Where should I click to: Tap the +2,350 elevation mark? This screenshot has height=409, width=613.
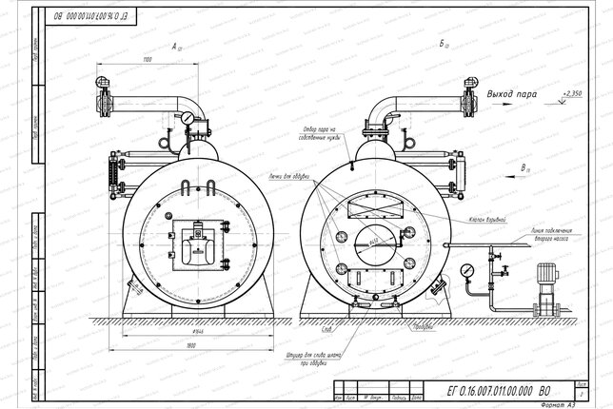click(572, 93)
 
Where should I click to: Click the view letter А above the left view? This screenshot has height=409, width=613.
click(175, 45)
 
